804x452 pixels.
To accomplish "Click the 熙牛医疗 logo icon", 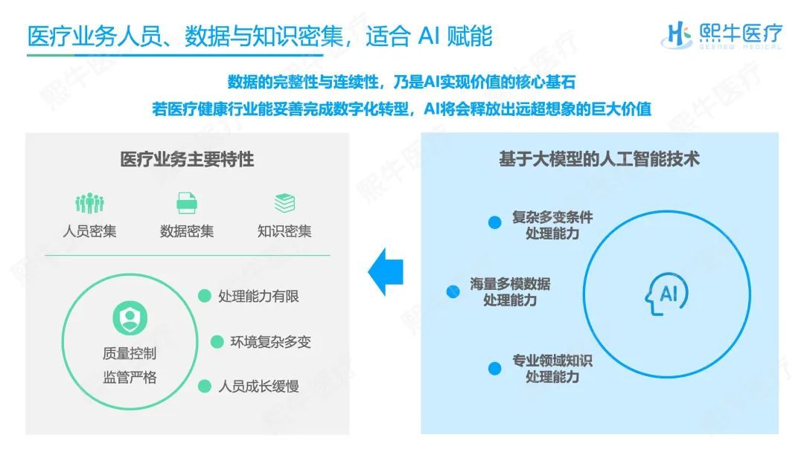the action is [677, 35].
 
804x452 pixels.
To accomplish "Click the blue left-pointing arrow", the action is [386, 272].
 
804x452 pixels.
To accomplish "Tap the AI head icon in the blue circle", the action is [666, 294].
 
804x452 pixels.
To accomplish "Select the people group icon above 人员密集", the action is [90, 203].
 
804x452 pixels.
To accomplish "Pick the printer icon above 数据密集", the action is [187, 203].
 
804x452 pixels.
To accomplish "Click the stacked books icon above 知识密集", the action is [284, 203].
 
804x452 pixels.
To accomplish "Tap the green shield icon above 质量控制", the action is [130, 318].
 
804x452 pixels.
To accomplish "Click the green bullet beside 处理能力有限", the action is [205, 296].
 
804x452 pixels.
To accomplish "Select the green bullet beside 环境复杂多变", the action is [217, 341].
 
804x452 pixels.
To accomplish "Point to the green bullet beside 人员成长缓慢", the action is [205, 386].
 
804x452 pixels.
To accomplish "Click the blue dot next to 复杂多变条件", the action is [495, 222].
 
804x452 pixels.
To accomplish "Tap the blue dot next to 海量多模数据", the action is [453, 291].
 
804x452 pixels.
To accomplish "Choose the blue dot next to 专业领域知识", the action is [495, 369].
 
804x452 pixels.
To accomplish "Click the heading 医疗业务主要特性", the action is [187, 159].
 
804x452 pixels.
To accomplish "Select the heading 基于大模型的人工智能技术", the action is [599, 159].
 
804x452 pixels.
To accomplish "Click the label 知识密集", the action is [284, 231].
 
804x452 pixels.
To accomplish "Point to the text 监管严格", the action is [130, 378].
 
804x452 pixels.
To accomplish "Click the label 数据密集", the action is [187, 231].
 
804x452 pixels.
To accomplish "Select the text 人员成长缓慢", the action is [259, 386].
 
